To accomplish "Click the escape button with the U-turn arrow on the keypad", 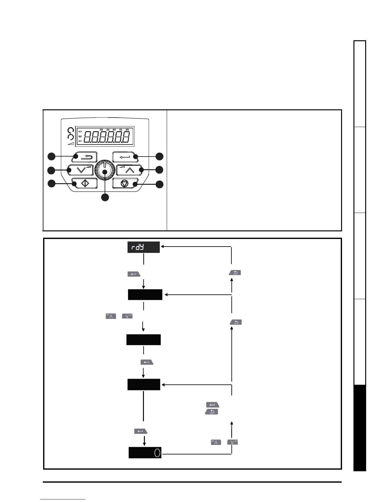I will pyautogui.click(x=84, y=157).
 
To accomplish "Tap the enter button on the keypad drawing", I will pyautogui.click(x=125, y=157).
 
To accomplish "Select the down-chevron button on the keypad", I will pyautogui.click(x=81, y=170).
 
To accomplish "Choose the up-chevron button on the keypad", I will pyautogui.click(x=129, y=170).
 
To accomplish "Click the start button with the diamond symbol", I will pyautogui.click(x=84, y=183).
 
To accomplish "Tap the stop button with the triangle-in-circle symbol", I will pyautogui.click(x=125, y=183).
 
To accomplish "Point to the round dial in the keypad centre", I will pyautogui.click(x=105, y=170).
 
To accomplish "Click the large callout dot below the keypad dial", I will pyautogui.click(x=105, y=197).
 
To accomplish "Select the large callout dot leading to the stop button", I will pyautogui.click(x=159, y=184).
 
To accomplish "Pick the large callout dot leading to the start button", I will pyautogui.click(x=51, y=183).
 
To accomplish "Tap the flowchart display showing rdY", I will pyautogui.click(x=144, y=247).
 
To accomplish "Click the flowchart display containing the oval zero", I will pyautogui.click(x=145, y=453).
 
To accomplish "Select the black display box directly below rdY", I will pyautogui.click(x=145, y=294).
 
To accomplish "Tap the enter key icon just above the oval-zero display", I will pyautogui.click(x=141, y=431).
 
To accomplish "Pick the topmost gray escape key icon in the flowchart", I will pyautogui.click(x=235, y=272).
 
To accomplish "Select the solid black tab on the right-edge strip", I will pyautogui.click(x=360, y=428).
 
